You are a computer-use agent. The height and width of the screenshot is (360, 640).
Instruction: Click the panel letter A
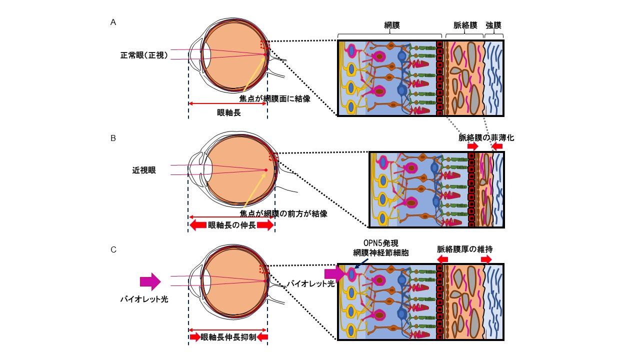(x=113, y=22)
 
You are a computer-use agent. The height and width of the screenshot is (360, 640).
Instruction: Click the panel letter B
(x=113, y=138)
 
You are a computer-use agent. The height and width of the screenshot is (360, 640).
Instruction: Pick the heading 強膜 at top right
(x=493, y=24)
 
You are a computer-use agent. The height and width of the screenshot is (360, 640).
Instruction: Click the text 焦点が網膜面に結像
(x=275, y=98)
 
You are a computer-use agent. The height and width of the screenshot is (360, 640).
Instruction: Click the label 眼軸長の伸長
(x=231, y=225)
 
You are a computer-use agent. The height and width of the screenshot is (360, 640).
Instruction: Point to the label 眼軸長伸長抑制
(x=228, y=337)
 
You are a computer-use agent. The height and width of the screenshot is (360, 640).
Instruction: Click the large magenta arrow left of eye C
(x=149, y=281)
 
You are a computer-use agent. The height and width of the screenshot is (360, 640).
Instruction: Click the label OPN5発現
(x=381, y=244)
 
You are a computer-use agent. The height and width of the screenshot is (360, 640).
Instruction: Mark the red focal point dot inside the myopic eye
(x=266, y=170)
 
